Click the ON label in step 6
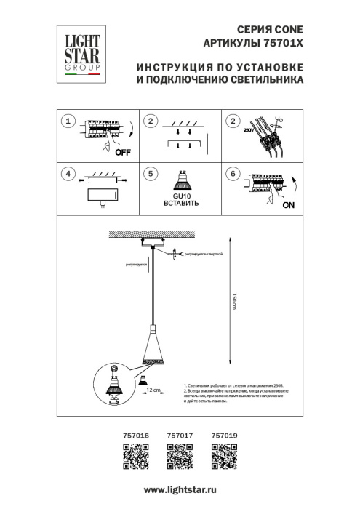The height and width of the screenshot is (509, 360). click(x=288, y=206)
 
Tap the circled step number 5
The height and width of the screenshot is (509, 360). click(x=150, y=175)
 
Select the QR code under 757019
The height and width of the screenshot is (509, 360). click(x=221, y=460)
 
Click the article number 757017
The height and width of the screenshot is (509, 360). click(x=178, y=436)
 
